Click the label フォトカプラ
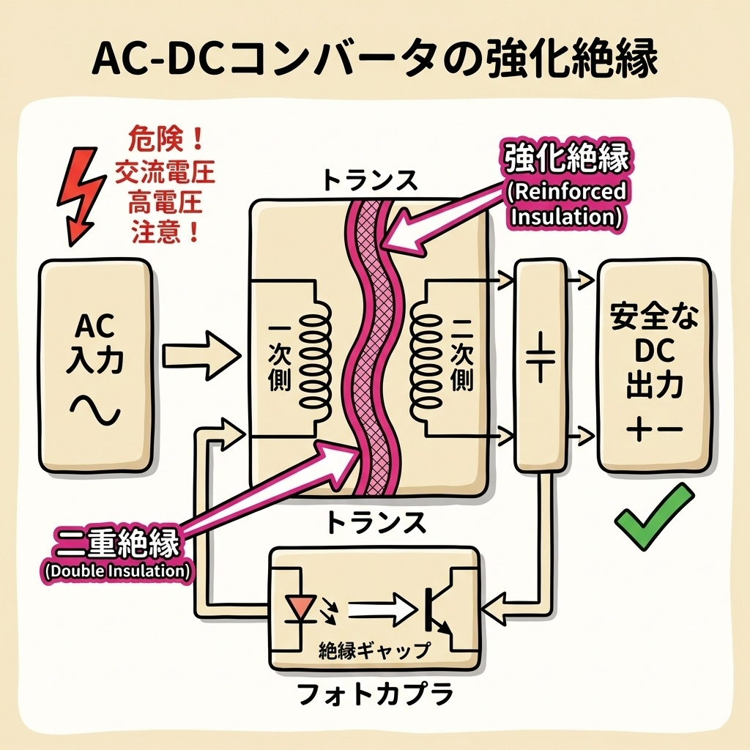pos(375,694)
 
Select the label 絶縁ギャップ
pos(375,649)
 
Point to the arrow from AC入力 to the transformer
pos(201,357)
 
